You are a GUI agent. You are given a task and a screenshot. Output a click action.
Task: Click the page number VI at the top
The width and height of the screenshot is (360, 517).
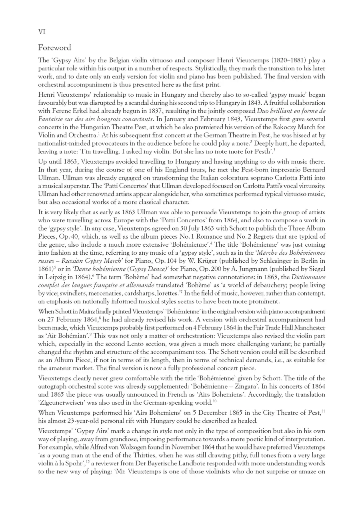42,32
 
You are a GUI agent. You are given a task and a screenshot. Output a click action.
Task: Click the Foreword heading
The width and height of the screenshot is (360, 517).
54,48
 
